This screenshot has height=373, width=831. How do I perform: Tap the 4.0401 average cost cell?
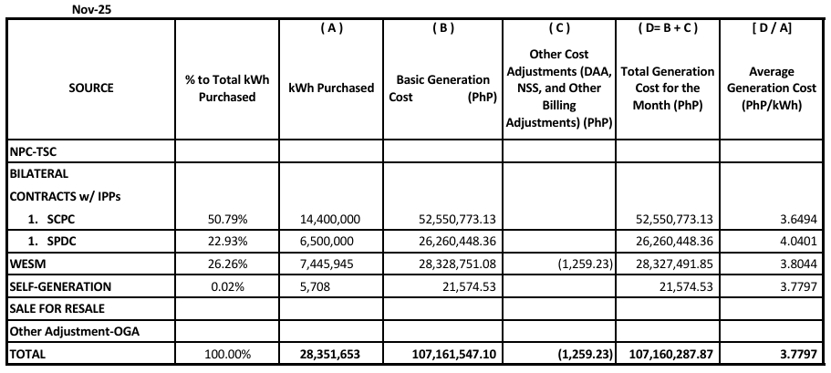point(798,243)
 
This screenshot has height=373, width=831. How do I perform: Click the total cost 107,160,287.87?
point(670,354)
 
